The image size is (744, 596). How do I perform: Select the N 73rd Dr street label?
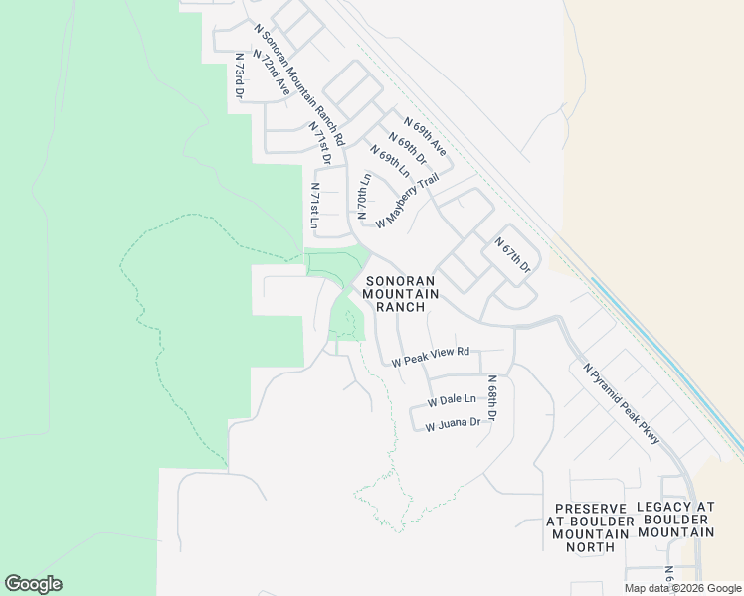[239, 76]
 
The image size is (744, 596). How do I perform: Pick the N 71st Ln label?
[314, 207]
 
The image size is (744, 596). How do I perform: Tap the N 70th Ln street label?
[364, 196]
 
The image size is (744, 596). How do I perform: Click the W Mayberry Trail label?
[407, 200]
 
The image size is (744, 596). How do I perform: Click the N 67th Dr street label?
[513, 255]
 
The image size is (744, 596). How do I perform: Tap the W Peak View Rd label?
[431, 357]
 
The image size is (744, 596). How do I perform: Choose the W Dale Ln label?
[452, 400]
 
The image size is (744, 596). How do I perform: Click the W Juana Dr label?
[453, 424]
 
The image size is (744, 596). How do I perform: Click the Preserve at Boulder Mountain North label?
[588, 526]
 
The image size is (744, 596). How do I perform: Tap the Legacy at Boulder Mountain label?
[675, 520]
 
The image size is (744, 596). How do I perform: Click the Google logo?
[34, 584]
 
